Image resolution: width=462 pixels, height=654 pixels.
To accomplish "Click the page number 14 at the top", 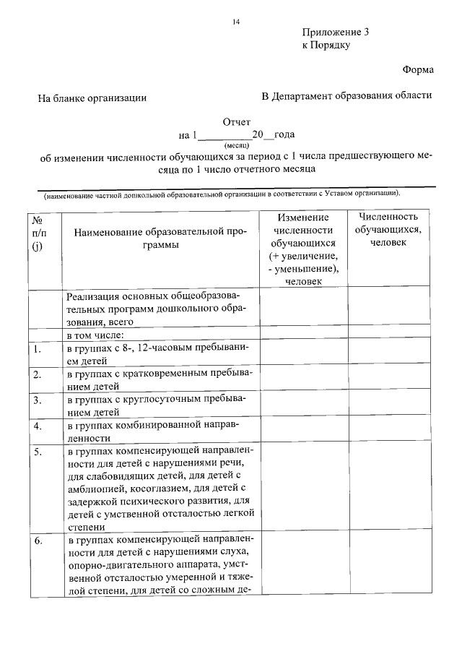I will click(235, 22).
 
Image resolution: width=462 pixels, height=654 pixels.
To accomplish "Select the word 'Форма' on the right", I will click(418, 70).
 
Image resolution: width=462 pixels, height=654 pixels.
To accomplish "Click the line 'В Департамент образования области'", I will click(346, 95).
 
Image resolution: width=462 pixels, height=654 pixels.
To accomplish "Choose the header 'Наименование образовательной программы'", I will click(160, 238).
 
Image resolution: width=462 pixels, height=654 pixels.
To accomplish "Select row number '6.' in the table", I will click(38, 541).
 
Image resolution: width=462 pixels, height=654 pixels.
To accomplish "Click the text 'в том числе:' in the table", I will click(95, 335).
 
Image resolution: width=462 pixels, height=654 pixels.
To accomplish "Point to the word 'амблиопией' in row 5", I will click(95, 488).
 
